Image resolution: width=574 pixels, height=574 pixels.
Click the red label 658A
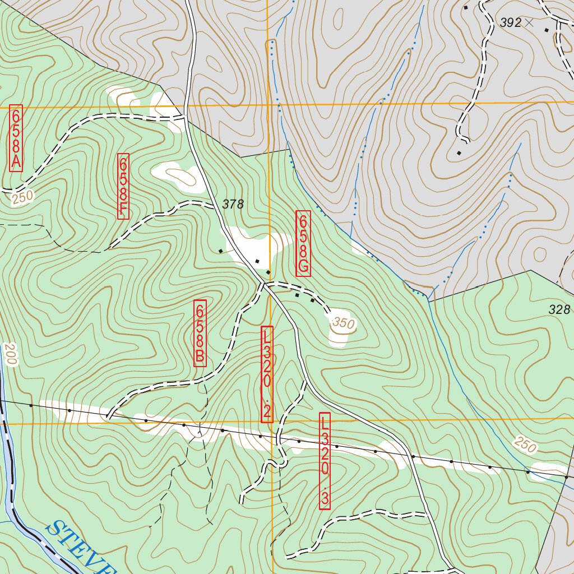16,138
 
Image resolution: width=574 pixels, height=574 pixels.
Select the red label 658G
303,243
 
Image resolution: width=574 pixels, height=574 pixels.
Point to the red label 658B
200,333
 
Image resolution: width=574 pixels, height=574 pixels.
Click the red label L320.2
267,374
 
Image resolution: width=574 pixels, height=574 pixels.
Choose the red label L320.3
325,461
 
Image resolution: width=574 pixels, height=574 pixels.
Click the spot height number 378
233,205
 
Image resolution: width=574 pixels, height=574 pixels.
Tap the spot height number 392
510,23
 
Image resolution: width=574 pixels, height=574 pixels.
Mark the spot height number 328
559,309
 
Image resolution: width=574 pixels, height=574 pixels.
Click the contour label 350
343,323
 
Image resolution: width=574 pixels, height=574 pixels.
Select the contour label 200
10,355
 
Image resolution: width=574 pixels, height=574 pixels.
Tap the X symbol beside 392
528,22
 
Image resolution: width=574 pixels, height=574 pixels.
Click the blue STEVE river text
78,547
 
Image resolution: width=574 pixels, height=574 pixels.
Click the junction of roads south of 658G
263,284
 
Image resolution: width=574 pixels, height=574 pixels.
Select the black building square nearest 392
547,30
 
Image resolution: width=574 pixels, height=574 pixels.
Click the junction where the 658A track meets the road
185,118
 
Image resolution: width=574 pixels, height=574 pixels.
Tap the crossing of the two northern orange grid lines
268,104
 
